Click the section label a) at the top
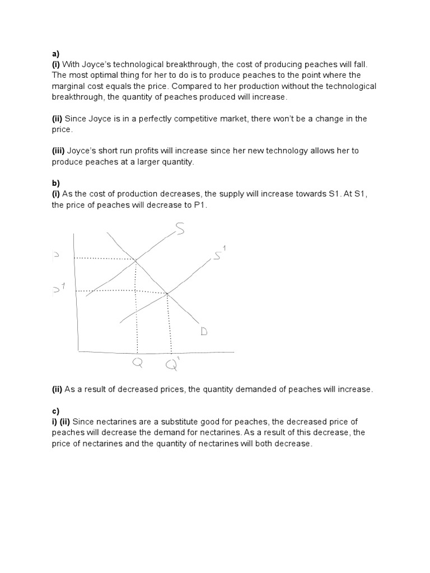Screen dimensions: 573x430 (x=55, y=54)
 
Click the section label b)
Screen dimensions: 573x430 (x=55, y=184)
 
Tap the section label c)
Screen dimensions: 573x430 (x=55, y=411)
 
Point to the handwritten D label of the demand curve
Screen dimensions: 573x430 (x=204, y=332)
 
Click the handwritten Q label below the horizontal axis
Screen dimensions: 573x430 (x=137, y=363)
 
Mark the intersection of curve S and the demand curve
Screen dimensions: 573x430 (x=135, y=259)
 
